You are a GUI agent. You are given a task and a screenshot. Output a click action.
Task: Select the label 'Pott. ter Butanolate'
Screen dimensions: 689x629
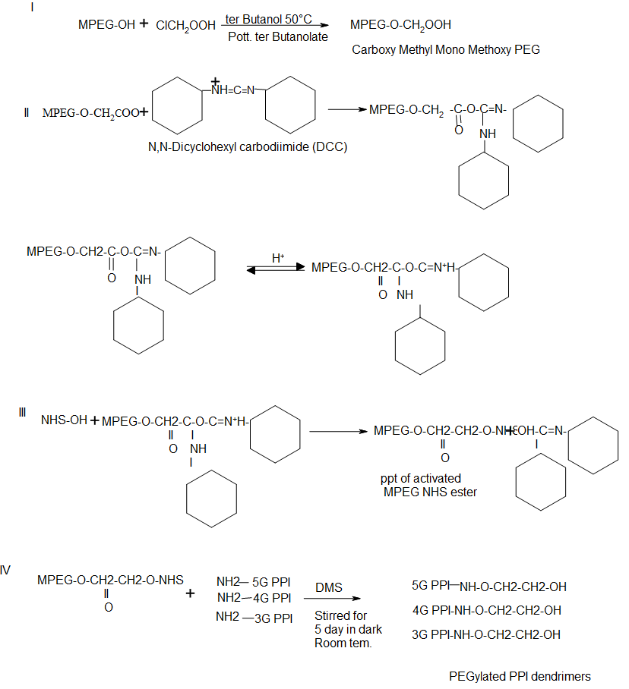tap(277, 36)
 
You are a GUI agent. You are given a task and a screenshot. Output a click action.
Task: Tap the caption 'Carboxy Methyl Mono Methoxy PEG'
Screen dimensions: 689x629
tap(446, 50)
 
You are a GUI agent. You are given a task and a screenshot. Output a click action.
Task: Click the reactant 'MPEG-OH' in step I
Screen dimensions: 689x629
tap(106, 25)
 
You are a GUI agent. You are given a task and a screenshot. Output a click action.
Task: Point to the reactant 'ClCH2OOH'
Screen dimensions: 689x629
tap(185, 26)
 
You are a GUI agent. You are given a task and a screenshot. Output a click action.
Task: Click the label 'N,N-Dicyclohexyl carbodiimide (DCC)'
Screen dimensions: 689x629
tap(247, 146)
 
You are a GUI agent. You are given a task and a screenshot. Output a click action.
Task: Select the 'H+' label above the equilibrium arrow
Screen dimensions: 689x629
tap(278, 258)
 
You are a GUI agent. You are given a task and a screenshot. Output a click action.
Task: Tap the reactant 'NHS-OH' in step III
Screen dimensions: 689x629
tap(64, 420)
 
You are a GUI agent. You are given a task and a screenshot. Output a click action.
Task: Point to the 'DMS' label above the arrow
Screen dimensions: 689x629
tap(329, 587)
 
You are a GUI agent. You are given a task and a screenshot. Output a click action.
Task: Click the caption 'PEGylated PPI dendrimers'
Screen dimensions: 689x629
tap(520, 676)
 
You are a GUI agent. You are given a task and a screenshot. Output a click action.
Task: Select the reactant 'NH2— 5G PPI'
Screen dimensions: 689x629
tap(254, 581)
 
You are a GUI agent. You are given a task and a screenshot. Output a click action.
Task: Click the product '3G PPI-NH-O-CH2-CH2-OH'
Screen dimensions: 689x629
tap(486, 634)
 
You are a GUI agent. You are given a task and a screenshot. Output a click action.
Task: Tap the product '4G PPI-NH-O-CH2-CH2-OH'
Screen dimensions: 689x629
tap(487, 610)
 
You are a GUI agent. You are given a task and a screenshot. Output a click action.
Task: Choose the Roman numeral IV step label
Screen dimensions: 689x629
tap(6, 570)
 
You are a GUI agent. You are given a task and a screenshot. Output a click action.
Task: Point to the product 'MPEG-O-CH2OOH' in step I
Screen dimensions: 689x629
tap(400, 25)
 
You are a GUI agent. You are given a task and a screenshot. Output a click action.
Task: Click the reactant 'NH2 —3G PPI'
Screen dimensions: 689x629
tap(254, 618)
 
